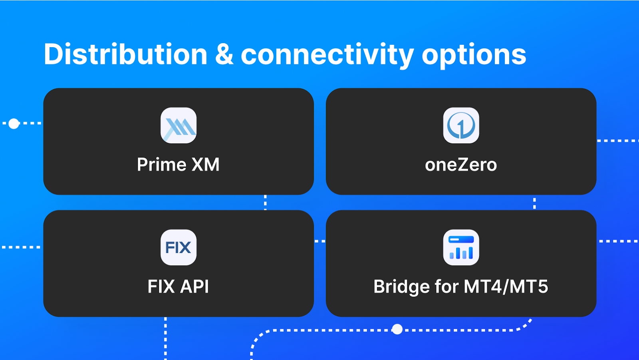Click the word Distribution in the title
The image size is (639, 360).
125,54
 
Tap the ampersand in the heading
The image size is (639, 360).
224,55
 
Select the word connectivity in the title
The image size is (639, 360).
327,55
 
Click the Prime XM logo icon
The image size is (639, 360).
179,125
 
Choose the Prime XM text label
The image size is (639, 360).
178,165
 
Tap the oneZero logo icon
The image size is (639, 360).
461,125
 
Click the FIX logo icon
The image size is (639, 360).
179,247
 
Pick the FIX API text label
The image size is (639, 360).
178,286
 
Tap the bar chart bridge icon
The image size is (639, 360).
461,247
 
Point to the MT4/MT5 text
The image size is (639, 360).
506,286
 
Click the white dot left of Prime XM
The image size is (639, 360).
14,123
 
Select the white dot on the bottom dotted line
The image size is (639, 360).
397,329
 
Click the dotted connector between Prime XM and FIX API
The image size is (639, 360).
265,203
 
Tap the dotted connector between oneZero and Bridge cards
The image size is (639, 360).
534,203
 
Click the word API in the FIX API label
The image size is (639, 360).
194,286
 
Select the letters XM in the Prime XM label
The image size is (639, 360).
205,165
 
